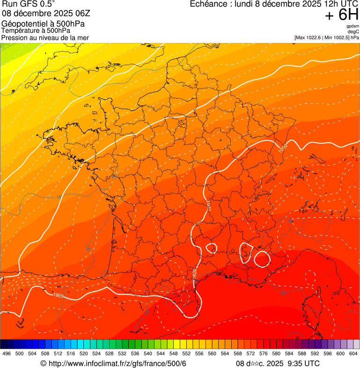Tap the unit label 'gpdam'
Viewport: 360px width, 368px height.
353,26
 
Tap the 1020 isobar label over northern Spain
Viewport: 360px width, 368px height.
58,295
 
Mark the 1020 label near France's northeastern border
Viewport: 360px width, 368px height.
282,147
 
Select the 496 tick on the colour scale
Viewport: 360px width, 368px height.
7,353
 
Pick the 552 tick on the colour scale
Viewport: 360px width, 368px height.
186,353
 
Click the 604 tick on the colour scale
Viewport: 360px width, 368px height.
353,353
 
